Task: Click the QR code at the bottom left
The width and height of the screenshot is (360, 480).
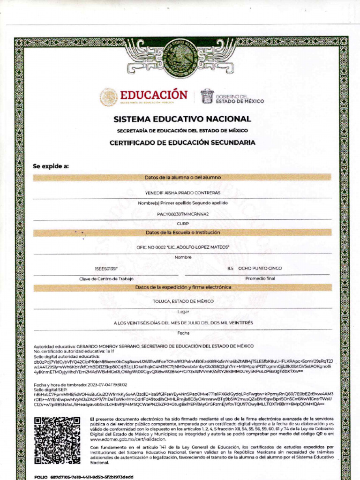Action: [x=57, y=440]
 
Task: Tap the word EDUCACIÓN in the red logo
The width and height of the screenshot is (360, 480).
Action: [x=154, y=95]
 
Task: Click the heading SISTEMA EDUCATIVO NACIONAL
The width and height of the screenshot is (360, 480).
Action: [x=182, y=119]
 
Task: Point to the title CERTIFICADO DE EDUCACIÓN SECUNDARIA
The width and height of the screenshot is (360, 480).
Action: [x=182, y=142]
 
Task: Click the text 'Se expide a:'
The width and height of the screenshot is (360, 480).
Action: [x=51, y=166]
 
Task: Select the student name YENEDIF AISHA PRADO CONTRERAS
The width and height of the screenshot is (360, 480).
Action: [x=182, y=193]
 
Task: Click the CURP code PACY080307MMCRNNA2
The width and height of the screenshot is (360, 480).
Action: [x=182, y=214]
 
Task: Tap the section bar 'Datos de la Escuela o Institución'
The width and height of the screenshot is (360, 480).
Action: [x=182, y=232]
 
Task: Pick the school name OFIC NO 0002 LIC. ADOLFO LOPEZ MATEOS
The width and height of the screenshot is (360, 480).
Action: [x=182, y=247]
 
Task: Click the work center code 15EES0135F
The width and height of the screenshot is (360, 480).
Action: [x=106, y=269]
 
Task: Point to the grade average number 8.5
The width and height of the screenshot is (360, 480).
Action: [x=230, y=269]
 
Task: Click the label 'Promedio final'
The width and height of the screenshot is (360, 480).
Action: [x=260, y=278]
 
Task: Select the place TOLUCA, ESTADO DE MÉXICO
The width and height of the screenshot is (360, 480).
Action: [x=182, y=301]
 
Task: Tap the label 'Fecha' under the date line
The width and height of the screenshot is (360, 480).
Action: [x=182, y=333]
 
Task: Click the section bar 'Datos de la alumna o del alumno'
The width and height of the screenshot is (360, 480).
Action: [x=182, y=178]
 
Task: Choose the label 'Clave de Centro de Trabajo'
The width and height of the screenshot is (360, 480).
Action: [x=106, y=279]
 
